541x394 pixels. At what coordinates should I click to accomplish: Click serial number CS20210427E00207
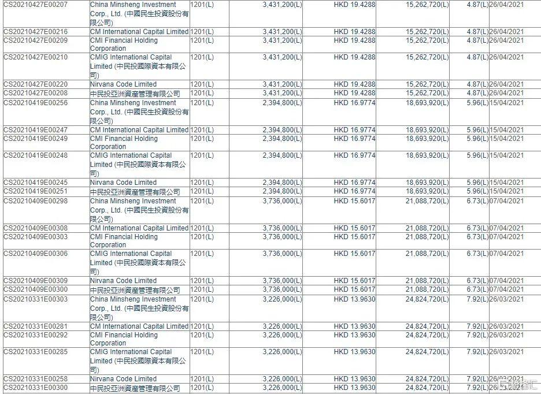click(x=35, y=5)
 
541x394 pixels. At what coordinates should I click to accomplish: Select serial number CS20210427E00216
click(x=35, y=32)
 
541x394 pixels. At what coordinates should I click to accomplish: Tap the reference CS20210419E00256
click(x=35, y=103)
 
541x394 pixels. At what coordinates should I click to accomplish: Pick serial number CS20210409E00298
click(x=35, y=201)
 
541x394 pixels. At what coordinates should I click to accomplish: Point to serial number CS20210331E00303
click(x=35, y=299)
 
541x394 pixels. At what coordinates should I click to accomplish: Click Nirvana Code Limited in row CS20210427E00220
click(x=123, y=84)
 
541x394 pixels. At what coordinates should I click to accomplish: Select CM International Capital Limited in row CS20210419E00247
click(x=139, y=130)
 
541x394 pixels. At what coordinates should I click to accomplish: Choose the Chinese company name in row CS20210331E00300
click(x=135, y=388)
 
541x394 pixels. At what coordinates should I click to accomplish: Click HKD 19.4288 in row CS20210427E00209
click(x=354, y=40)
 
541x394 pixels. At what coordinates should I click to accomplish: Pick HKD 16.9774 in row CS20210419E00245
click(x=354, y=183)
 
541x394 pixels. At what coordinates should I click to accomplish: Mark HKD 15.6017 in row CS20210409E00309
click(x=354, y=281)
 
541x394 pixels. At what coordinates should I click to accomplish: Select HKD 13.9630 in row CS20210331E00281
click(x=354, y=326)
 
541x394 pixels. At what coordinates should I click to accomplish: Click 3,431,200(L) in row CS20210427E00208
click(x=282, y=93)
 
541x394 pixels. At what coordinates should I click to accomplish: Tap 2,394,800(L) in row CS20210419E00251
click(x=282, y=191)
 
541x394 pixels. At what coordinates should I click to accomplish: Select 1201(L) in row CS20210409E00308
click(x=202, y=228)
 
